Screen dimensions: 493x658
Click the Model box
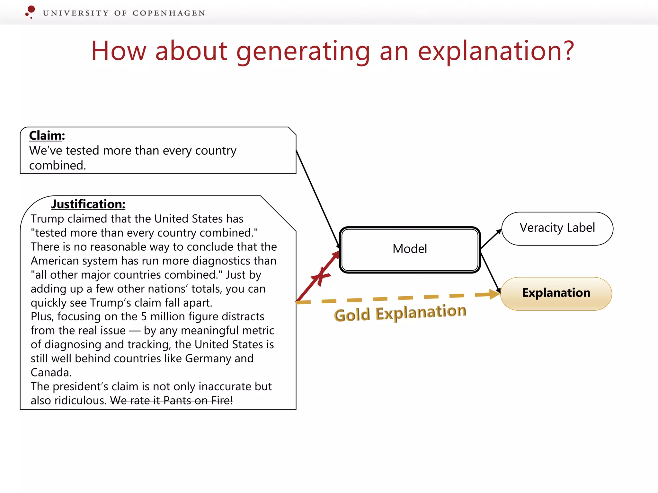tap(410, 249)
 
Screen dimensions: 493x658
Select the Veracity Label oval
tap(557, 228)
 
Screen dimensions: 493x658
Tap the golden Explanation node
tap(556, 293)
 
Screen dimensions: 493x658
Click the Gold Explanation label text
tap(400, 313)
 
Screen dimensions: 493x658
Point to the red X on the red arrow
tap(321, 276)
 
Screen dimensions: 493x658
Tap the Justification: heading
tap(88, 204)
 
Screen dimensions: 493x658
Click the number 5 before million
tap(144, 317)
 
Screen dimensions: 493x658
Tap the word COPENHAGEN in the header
tap(169, 13)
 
